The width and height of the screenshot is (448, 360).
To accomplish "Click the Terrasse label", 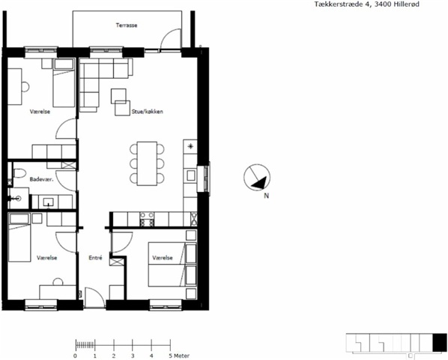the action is click(127, 25).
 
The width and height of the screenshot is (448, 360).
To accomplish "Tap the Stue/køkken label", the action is click(147, 112).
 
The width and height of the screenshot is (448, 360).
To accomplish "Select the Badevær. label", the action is click(42, 179).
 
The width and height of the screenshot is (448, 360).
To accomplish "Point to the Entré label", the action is click(95, 258).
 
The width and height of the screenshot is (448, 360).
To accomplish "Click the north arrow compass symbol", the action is click(257, 177).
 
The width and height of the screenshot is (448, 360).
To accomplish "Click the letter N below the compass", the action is click(266, 196).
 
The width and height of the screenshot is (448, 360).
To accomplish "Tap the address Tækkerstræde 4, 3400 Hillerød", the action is click(367, 4).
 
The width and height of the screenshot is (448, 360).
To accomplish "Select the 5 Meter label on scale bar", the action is click(179, 355).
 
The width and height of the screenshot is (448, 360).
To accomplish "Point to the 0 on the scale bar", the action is click(75, 355).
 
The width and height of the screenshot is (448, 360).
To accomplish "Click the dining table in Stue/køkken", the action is click(147, 163).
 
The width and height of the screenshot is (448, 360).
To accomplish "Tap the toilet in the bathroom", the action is click(19, 173).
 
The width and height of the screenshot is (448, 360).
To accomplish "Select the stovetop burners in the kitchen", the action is click(147, 219).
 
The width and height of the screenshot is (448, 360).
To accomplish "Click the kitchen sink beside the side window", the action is click(190, 175).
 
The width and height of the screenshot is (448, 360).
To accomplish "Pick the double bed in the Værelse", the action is click(172, 265).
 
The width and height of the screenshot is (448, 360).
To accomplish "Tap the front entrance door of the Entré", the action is click(95, 298).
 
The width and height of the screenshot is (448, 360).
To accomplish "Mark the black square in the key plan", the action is click(440, 342).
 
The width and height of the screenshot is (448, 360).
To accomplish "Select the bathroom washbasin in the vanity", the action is click(49, 202).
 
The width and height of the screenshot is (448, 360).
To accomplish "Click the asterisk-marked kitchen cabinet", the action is click(190, 147).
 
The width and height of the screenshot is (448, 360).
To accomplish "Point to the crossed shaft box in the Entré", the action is click(115, 262).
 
